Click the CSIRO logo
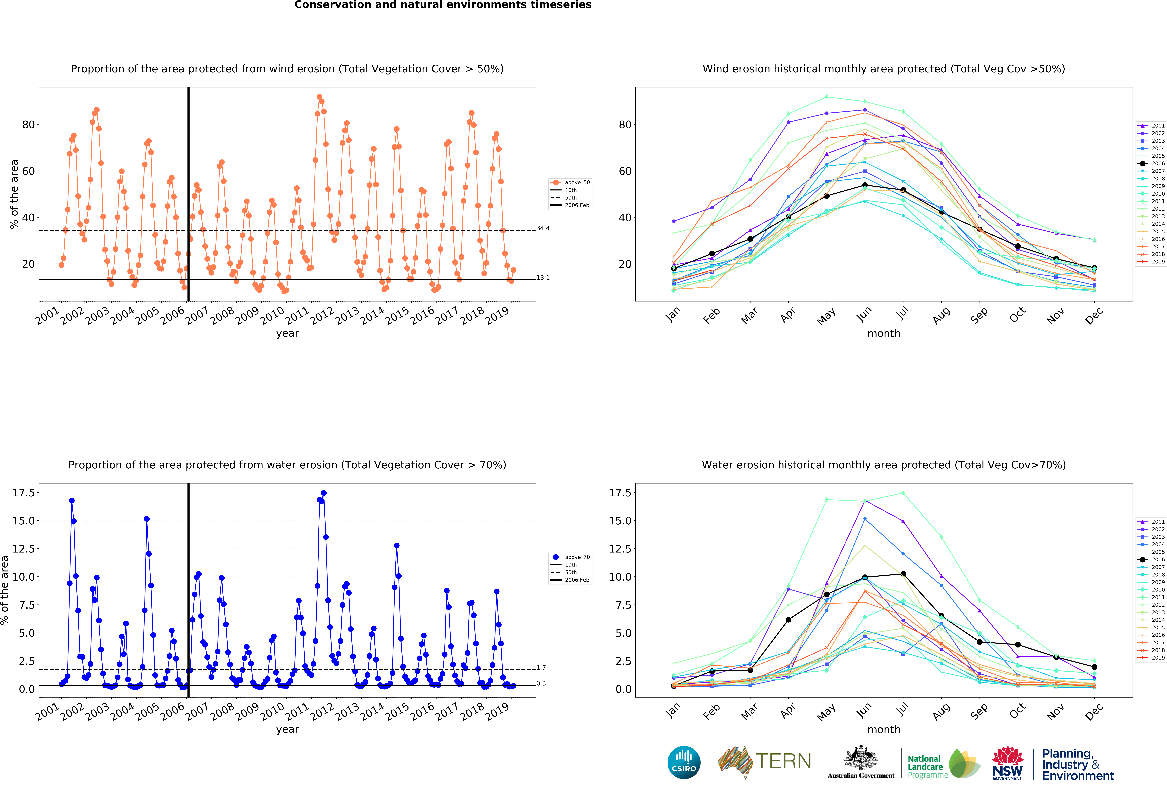684,762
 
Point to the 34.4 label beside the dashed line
543,228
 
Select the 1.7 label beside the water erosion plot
541,667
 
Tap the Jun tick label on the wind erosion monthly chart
864,314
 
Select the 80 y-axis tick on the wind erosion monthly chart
625,125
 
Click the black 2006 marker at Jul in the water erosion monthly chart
903,573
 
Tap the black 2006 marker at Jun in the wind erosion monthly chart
865,185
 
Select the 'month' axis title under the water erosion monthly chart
884,729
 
